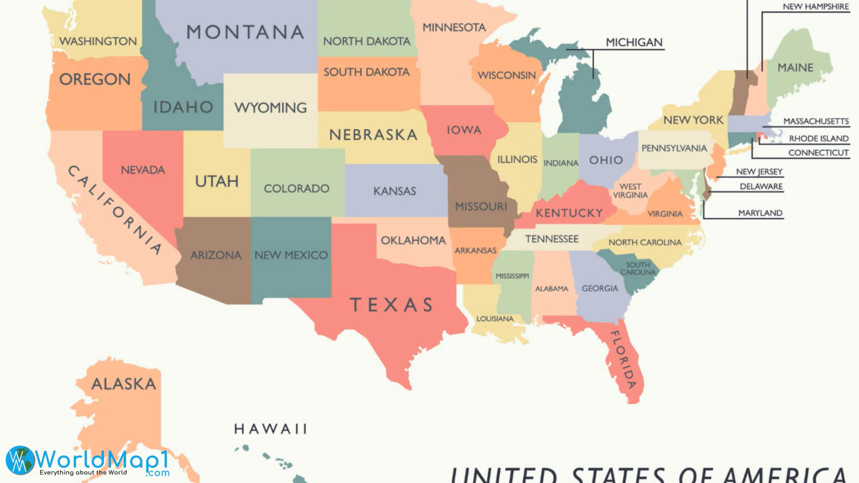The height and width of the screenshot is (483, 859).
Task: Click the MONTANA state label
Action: click(245, 32)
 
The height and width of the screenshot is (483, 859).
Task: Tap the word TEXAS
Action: click(391, 305)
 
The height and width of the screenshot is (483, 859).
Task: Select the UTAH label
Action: click(217, 182)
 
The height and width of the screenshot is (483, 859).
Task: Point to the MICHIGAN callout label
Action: click(634, 42)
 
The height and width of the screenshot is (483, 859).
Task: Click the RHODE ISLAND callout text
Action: click(818, 139)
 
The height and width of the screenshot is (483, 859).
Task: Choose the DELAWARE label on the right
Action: click(761, 186)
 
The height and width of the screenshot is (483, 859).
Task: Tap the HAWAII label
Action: click(271, 429)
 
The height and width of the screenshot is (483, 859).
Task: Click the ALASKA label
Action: click(124, 384)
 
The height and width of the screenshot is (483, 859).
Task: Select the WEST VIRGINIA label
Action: click(630, 191)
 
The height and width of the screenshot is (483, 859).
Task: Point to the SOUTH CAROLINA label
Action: click(638, 269)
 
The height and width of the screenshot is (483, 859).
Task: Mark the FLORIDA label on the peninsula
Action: click(623, 360)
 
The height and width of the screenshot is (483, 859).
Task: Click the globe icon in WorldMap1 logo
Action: click(20, 460)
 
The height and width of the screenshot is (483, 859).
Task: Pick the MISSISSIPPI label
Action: click(512, 276)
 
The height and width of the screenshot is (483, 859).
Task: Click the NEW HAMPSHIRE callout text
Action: click(815, 7)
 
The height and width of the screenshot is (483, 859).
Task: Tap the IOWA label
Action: click(464, 130)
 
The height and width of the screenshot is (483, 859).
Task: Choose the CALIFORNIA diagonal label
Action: click(115, 209)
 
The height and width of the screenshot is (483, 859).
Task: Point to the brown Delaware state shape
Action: click(706, 193)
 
